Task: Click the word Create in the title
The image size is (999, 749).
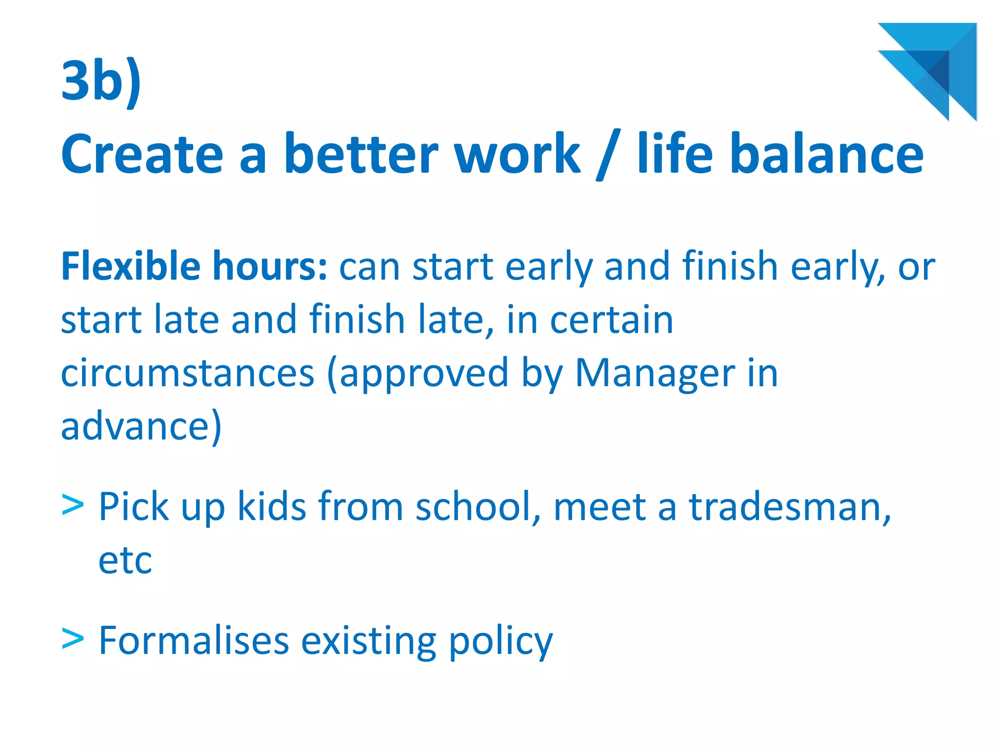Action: tap(142, 154)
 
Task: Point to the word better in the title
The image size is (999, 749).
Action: tap(361, 154)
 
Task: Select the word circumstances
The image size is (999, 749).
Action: tap(187, 373)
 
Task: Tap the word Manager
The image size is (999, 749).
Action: tap(655, 373)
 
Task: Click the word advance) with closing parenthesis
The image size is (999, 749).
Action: tap(141, 426)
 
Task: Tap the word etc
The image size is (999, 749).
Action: tap(125, 561)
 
